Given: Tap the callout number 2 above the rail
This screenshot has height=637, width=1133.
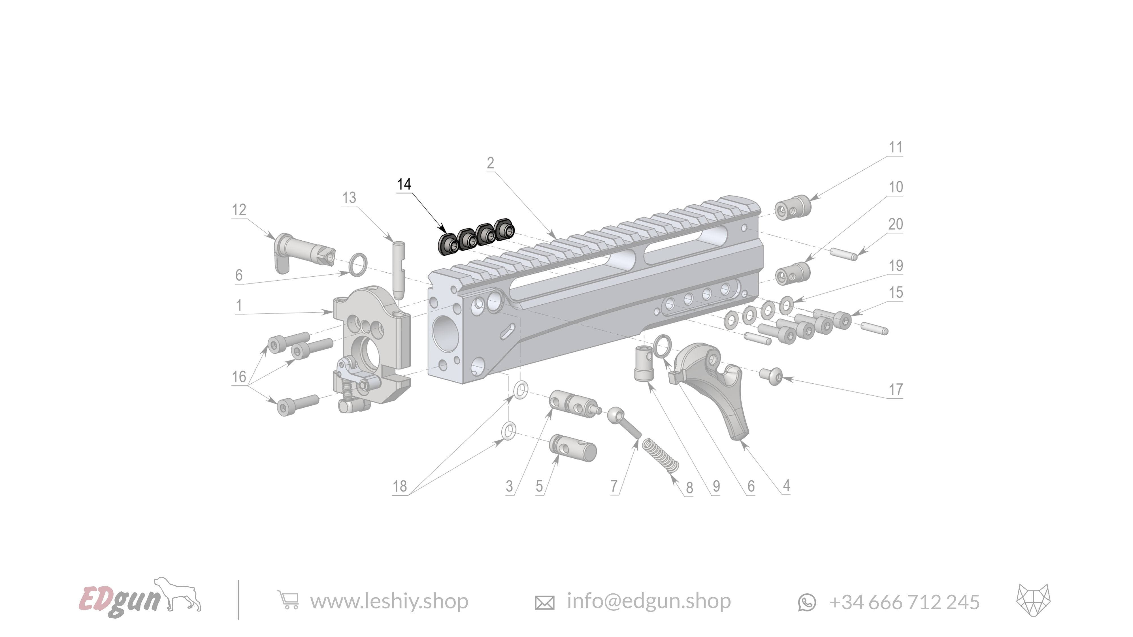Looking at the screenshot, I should pos(490,163).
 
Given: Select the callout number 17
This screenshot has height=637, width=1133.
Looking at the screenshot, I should pos(895,390).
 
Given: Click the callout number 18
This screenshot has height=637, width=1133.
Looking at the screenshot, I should pos(399,486).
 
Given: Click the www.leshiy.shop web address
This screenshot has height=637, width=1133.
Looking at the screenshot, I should pos(389,601).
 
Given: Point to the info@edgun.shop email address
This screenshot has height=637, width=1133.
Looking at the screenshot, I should pos(648,601).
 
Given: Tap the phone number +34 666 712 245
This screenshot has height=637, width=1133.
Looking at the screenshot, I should pos(904,602).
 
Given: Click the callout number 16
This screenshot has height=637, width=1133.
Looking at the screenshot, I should pos(239,377).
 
